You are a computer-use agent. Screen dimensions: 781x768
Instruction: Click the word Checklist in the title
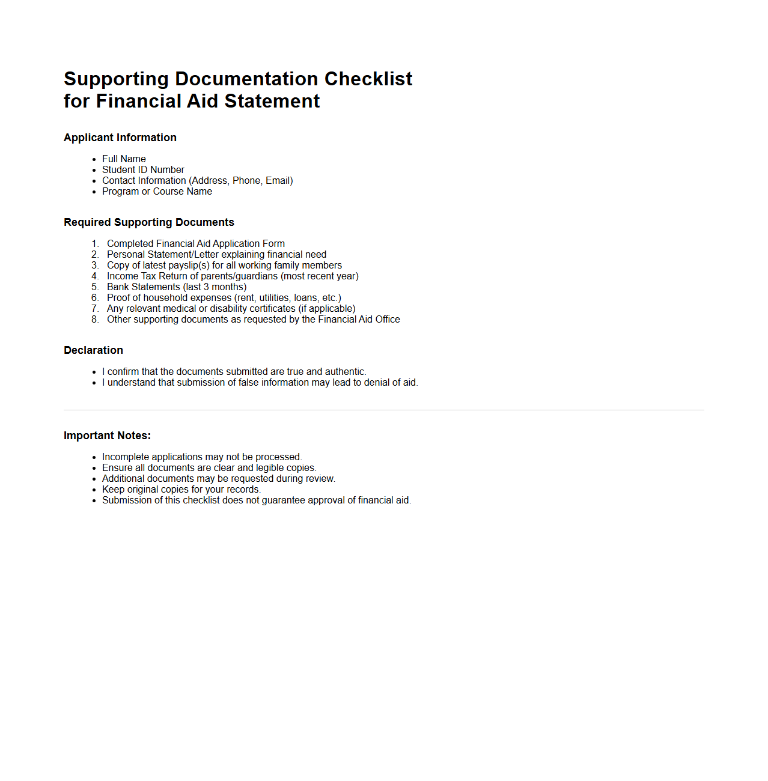point(368,79)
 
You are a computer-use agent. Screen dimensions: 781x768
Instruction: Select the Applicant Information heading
point(120,138)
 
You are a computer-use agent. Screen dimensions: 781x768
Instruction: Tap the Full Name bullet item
point(124,159)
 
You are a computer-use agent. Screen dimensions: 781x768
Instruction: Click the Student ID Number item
point(143,169)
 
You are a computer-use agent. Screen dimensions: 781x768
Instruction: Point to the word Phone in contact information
point(246,180)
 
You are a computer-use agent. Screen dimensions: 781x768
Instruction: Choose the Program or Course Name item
point(157,191)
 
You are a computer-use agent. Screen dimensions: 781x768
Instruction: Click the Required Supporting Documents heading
point(149,222)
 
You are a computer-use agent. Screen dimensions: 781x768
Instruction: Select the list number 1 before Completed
point(95,243)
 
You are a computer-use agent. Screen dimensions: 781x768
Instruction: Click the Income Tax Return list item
point(233,276)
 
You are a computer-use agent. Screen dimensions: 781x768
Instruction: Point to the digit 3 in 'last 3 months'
point(206,287)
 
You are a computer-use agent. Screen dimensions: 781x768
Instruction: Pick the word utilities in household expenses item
point(273,297)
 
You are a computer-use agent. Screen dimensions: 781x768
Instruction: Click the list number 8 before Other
point(95,319)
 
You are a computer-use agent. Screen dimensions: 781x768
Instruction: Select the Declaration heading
point(93,350)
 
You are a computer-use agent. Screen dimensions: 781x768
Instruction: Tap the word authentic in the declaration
point(344,371)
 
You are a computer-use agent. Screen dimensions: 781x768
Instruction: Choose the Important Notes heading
point(107,436)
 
